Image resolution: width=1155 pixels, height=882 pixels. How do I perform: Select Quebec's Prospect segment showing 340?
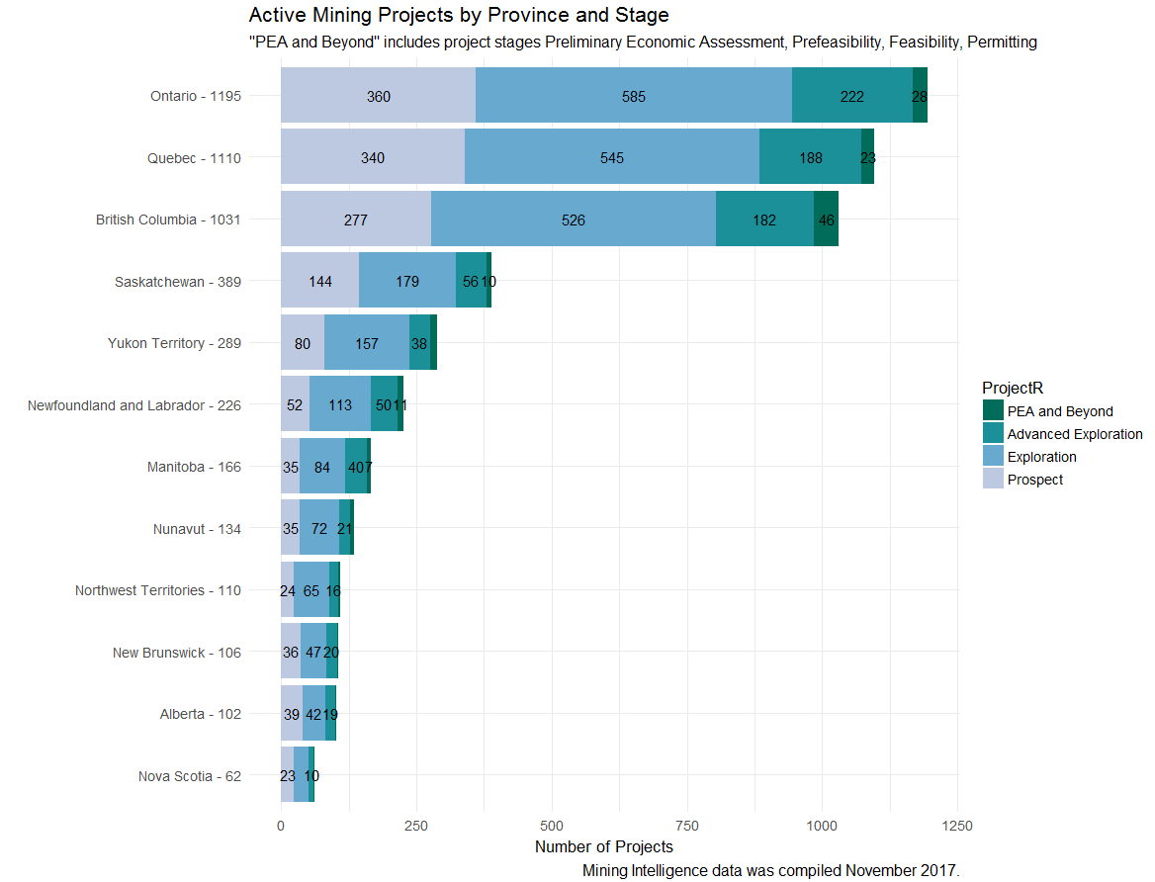click(373, 157)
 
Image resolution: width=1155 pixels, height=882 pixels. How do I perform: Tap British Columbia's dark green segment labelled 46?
click(827, 220)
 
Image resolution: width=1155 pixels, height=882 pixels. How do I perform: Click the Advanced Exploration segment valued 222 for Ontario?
click(851, 96)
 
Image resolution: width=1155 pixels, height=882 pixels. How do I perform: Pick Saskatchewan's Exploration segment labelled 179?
click(407, 282)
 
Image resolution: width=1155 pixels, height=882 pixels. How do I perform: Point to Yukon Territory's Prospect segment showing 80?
click(303, 343)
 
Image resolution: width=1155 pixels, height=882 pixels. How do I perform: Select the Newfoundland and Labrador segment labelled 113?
click(340, 405)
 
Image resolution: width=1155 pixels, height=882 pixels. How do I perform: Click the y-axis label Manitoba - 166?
click(194, 467)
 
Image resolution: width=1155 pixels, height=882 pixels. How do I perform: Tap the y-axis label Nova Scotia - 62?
click(190, 776)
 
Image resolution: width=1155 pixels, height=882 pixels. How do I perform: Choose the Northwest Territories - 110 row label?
click(158, 590)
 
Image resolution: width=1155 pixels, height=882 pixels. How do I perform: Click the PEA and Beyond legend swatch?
click(993, 411)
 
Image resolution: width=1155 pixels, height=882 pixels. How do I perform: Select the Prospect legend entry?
click(1034, 480)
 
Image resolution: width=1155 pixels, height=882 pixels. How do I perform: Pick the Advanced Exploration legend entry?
click(1074, 434)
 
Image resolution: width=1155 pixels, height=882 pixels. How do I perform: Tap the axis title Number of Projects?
click(603, 847)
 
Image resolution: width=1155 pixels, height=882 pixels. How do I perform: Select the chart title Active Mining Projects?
click(459, 15)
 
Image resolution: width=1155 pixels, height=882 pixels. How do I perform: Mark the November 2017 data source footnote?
click(770, 871)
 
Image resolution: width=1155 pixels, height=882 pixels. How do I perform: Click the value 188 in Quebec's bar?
click(810, 157)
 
